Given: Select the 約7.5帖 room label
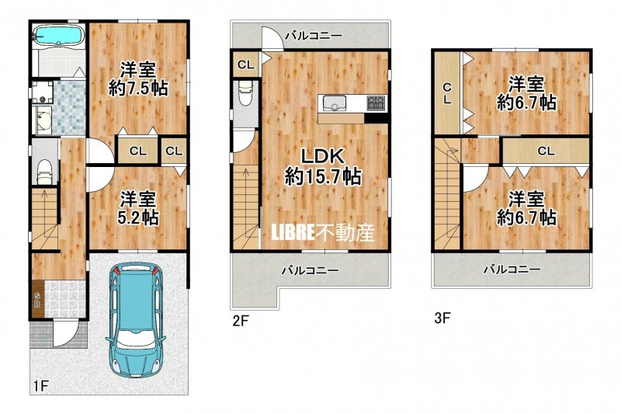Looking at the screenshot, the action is coord(138,89).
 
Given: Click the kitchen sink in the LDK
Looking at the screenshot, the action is coord(335,104).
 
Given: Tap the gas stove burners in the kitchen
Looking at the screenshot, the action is coord(376,104).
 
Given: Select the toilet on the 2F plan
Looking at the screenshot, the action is coord(245,94).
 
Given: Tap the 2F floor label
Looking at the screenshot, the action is coord(241,320).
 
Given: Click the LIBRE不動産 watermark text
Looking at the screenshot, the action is coord(323,233).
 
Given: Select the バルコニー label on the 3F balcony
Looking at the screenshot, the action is coord(512,270).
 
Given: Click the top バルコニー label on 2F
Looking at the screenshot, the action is coord(314,36).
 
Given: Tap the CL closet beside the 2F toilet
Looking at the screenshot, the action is coord(246,64).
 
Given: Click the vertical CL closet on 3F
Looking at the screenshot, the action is coord(447,93).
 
